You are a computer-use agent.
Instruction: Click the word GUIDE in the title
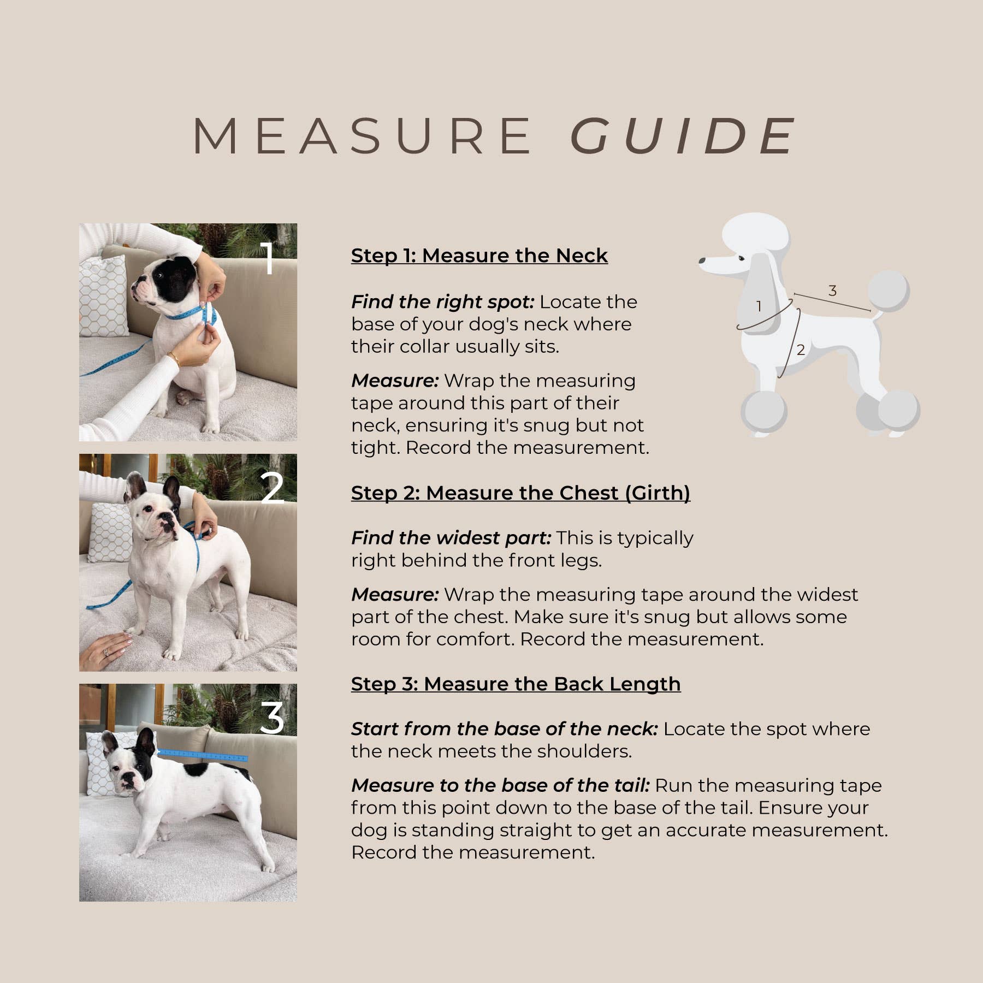pyautogui.click(x=683, y=135)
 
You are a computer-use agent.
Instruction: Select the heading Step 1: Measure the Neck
pyautogui.click(x=479, y=256)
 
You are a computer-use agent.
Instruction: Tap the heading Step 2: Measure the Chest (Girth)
pyautogui.click(x=520, y=493)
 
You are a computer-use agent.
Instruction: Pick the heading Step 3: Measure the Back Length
pyautogui.click(x=516, y=684)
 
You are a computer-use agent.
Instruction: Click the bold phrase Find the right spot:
pyautogui.click(x=442, y=301)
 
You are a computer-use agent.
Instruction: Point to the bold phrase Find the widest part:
pyautogui.click(x=451, y=538)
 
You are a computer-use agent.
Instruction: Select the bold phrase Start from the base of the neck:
pyautogui.click(x=504, y=729)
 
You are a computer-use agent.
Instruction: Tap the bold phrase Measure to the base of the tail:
pyautogui.click(x=500, y=785)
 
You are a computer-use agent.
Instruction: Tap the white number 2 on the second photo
pyautogui.click(x=272, y=488)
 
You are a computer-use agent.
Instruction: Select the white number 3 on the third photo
pyautogui.click(x=272, y=718)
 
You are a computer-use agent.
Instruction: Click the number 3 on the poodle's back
pyautogui.click(x=832, y=291)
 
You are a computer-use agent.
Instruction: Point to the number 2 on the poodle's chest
pyautogui.click(x=801, y=350)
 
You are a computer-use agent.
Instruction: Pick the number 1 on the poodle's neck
pyautogui.click(x=759, y=306)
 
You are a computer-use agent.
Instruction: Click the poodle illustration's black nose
pyautogui.click(x=702, y=261)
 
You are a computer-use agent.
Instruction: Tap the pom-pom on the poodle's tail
pyautogui.click(x=889, y=291)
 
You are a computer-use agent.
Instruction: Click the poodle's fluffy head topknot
pyautogui.click(x=756, y=234)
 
